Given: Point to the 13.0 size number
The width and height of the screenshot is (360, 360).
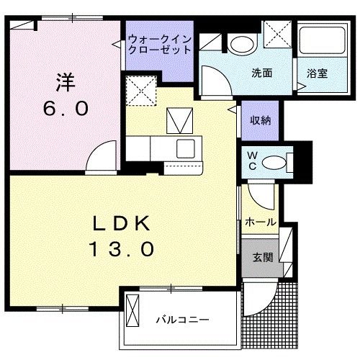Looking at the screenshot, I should click(x=121, y=249).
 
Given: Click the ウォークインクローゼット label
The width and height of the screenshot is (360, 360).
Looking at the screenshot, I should click(x=160, y=45).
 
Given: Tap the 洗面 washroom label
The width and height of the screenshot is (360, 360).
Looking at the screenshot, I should click(x=261, y=73).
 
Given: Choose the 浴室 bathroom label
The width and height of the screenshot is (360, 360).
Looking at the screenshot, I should click(x=317, y=73).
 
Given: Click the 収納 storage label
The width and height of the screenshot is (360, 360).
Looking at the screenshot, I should click(x=261, y=121).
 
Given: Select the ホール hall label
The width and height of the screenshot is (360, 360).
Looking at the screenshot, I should click(x=261, y=222).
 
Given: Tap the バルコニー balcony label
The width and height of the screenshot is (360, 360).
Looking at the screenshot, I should click(x=182, y=318).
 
